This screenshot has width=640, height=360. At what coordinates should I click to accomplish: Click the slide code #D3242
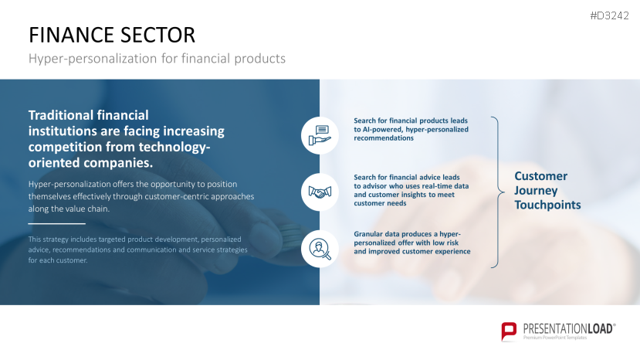pos(609,16)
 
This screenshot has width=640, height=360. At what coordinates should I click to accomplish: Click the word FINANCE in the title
pos(72,35)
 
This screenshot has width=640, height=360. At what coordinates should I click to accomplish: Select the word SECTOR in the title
pos(158,35)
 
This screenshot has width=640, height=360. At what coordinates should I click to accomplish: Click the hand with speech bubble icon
pos(320,135)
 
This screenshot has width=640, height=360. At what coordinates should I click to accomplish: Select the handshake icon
pos(320,192)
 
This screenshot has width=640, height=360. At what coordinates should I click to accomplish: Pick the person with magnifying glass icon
pos(320,249)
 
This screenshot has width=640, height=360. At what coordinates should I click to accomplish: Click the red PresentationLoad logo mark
pos(509,331)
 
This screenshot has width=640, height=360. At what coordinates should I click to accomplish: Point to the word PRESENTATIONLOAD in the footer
pos(568,329)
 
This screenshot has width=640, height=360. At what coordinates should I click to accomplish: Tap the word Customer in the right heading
pos(541,176)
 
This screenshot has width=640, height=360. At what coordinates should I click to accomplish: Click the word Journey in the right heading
pos(536,191)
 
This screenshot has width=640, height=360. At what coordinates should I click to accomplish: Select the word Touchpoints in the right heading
pos(547,205)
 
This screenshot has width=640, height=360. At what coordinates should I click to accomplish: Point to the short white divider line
pos(56,224)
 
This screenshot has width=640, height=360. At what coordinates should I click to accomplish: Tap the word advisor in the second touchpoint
pos(374,186)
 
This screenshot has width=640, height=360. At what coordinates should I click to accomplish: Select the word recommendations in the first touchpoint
pos(384,138)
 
